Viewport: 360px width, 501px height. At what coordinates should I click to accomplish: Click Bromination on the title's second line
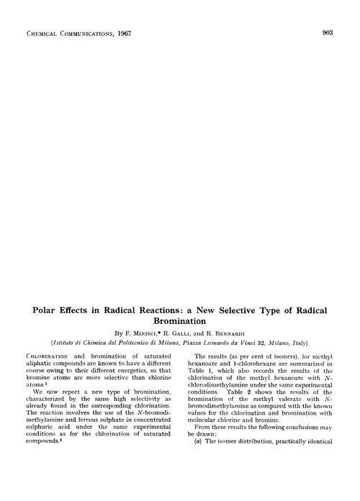pyautogui.click(x=179, y=323)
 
